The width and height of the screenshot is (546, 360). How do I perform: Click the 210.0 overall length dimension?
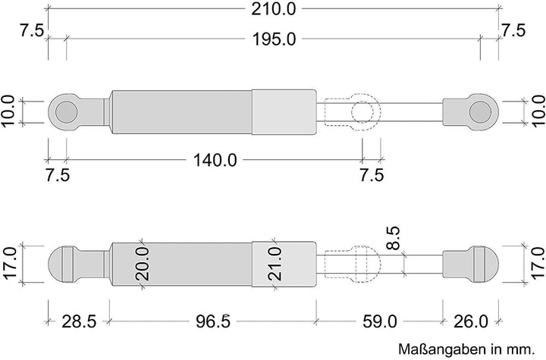click(273, 8)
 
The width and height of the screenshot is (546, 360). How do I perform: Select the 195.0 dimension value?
click(274, 39)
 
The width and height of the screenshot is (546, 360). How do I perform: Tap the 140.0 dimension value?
click(215, 161)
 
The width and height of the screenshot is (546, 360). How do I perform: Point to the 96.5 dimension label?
click(213, 321)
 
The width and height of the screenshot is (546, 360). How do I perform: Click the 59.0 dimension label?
click(380, 321)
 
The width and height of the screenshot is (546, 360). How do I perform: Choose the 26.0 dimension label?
click(471, 321)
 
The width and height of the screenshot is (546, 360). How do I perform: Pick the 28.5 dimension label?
click(79, 321)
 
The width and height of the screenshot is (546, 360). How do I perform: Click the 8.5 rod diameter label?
click(394, 238)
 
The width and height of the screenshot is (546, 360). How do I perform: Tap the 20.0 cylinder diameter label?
click(143, 264)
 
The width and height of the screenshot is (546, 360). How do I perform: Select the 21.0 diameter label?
click(275, 264)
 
